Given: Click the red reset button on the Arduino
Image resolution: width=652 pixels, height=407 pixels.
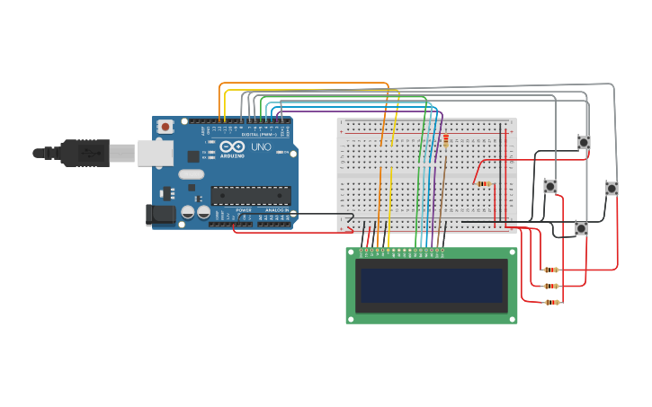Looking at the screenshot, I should (x=165, y=128).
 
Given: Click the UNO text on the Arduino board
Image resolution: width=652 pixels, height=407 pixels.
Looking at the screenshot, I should (x=260, y=146).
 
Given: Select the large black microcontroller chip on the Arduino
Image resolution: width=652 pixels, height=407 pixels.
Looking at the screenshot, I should (x=250, y=195).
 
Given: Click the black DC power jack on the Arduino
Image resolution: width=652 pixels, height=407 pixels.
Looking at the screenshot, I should (x=159, y=215).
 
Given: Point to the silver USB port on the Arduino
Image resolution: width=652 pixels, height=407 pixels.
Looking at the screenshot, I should (x=155, y=153).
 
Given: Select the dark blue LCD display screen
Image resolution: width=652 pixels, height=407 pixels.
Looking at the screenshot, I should (x=431, y=285).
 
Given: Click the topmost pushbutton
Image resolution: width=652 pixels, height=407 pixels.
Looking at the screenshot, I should (x=584, y=142).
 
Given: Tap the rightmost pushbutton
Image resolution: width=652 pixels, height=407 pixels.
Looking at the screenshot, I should (x=612, y=188).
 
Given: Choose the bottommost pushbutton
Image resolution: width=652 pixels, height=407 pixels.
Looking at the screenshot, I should (x=581, y=228).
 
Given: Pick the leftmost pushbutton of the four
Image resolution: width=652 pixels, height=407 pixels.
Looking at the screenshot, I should (x=550, y=186).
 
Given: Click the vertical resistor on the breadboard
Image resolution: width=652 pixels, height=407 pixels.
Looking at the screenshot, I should (x=445, y=139).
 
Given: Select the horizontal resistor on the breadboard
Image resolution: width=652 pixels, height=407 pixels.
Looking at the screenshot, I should (x=484, y=184).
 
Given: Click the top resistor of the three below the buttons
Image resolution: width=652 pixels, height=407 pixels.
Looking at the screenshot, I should (x=551, y=270).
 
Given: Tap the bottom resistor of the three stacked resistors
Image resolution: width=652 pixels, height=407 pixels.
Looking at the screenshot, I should (x=552, y=302).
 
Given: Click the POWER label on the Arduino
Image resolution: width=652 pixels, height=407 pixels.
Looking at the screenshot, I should (x=244, y=210).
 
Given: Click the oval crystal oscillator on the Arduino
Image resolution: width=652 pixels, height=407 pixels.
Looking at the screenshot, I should (x=192, y=173).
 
